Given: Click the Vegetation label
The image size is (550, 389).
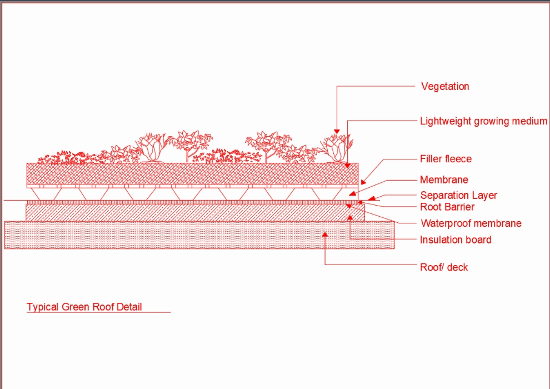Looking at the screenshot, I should (x=445, y=87).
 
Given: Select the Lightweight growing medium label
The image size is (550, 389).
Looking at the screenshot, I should (x=483, y=121).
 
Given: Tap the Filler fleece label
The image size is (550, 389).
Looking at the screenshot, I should (x=446, y=159).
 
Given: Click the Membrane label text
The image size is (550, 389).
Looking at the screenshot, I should (x=444, y=180).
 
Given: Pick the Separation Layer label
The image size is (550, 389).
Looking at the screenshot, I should (x=458, y=196).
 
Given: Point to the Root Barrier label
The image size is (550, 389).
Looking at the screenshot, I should (x=447, y=207).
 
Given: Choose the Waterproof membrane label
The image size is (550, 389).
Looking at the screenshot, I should (x=471, y=224).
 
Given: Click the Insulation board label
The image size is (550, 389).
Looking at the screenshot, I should (x=456, y=240).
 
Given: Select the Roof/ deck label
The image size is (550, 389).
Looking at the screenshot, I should (x=444, y=267).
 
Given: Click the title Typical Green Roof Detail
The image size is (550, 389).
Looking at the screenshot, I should (x=84, y=307).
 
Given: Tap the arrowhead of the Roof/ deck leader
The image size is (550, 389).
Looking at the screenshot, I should (x=326, y=235).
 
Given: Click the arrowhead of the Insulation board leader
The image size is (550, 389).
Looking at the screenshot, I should (x=349, y=217).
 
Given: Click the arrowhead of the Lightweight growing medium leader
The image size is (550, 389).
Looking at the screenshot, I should (x=348, y=164).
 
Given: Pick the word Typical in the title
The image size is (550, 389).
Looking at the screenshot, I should (x=43, y=307).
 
